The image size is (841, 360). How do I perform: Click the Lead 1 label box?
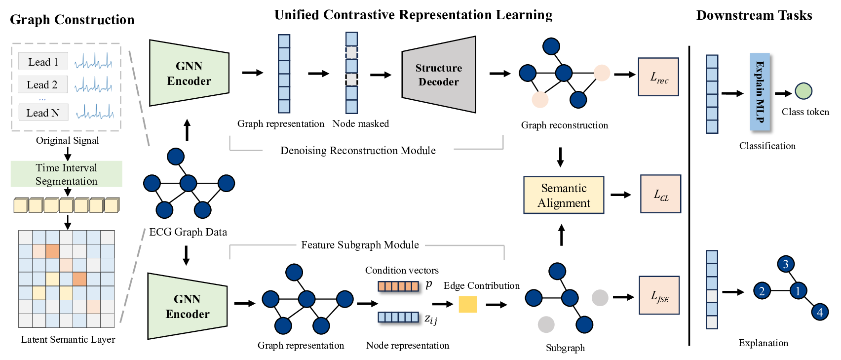pos(43,62)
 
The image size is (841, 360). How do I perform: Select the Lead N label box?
pos(43,113)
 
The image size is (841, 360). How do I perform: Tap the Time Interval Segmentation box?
pos(67,174)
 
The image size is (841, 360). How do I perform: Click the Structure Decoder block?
pos(439,75)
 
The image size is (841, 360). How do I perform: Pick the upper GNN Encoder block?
pos(189,73)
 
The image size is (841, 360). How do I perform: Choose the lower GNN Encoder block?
pos(188,306)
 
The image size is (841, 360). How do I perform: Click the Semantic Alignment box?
pos(564,195)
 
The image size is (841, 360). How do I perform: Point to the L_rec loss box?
pos(658,77)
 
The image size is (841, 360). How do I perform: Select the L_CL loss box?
pos(660,194)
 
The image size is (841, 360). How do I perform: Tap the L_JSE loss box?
pos(659,295)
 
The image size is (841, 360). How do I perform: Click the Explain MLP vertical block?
pos(760,92)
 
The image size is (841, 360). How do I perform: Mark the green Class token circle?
pos(803,91)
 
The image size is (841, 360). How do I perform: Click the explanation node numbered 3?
pos(786,264)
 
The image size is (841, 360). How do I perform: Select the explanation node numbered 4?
pos(820,312)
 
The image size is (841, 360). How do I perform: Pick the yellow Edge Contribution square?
pos(467,304)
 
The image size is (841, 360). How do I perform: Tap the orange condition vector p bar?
pos(398,286)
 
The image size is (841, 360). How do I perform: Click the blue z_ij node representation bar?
pos(398,317)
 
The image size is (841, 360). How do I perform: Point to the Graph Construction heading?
pos(72,20)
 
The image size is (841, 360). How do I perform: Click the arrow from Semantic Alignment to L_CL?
pos(621,195)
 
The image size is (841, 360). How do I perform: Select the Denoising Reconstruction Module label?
pos(358,151)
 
